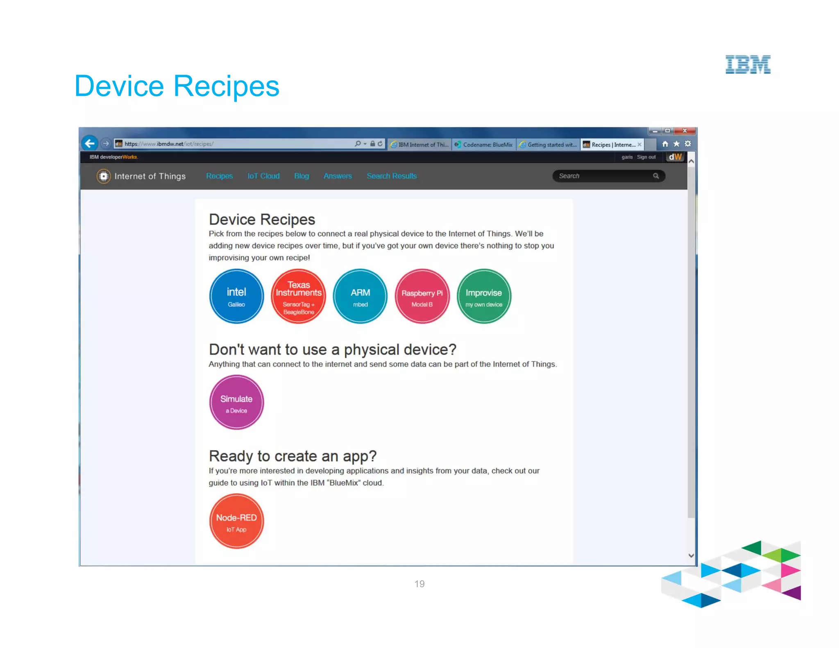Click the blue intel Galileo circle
(x=236, y=296)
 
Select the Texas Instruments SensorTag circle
(x=298, y=296)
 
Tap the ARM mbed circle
(x=360, y=296)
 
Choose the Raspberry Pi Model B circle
(x=422, y=296)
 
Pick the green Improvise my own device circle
(x=484, y=296)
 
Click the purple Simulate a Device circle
(x=236, y=402)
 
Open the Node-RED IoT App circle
(x=236, y=521)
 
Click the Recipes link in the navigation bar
(x=219, y=176)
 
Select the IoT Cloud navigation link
(x=263, y=176)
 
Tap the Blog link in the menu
(x=302, y=176)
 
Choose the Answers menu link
(x=338, y=176)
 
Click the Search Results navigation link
(x=392, y=176)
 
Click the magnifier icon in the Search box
(x=656, y=176)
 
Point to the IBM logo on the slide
(x=748, y=64)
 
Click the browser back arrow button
(x=90, y=143)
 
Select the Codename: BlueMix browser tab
(x=484, y=145)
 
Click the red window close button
(x=685, y=131)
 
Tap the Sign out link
(x=646, y=157)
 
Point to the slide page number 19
(x=419, y=584)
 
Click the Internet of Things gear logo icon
(x=104, y=176)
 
